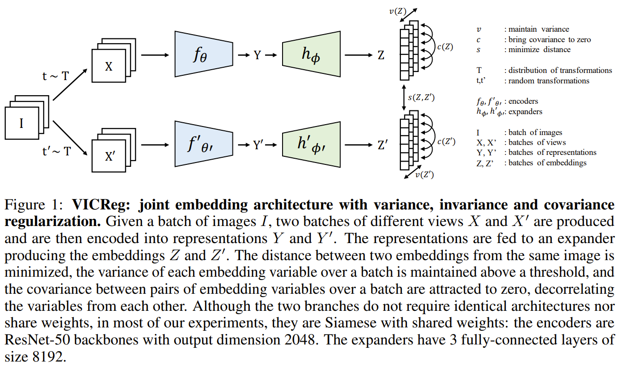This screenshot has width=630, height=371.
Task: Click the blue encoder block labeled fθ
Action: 204,54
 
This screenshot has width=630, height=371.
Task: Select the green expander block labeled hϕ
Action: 311,54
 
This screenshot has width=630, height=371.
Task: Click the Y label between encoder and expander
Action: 257,55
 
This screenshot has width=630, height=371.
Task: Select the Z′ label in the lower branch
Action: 383,145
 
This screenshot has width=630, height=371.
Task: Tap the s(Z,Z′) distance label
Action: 421,98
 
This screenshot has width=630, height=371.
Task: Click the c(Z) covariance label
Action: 446,47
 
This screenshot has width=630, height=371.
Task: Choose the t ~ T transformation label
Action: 56,76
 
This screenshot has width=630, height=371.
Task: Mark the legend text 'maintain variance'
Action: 536,29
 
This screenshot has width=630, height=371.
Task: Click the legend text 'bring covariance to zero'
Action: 549,40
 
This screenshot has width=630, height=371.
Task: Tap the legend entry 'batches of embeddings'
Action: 547,163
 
